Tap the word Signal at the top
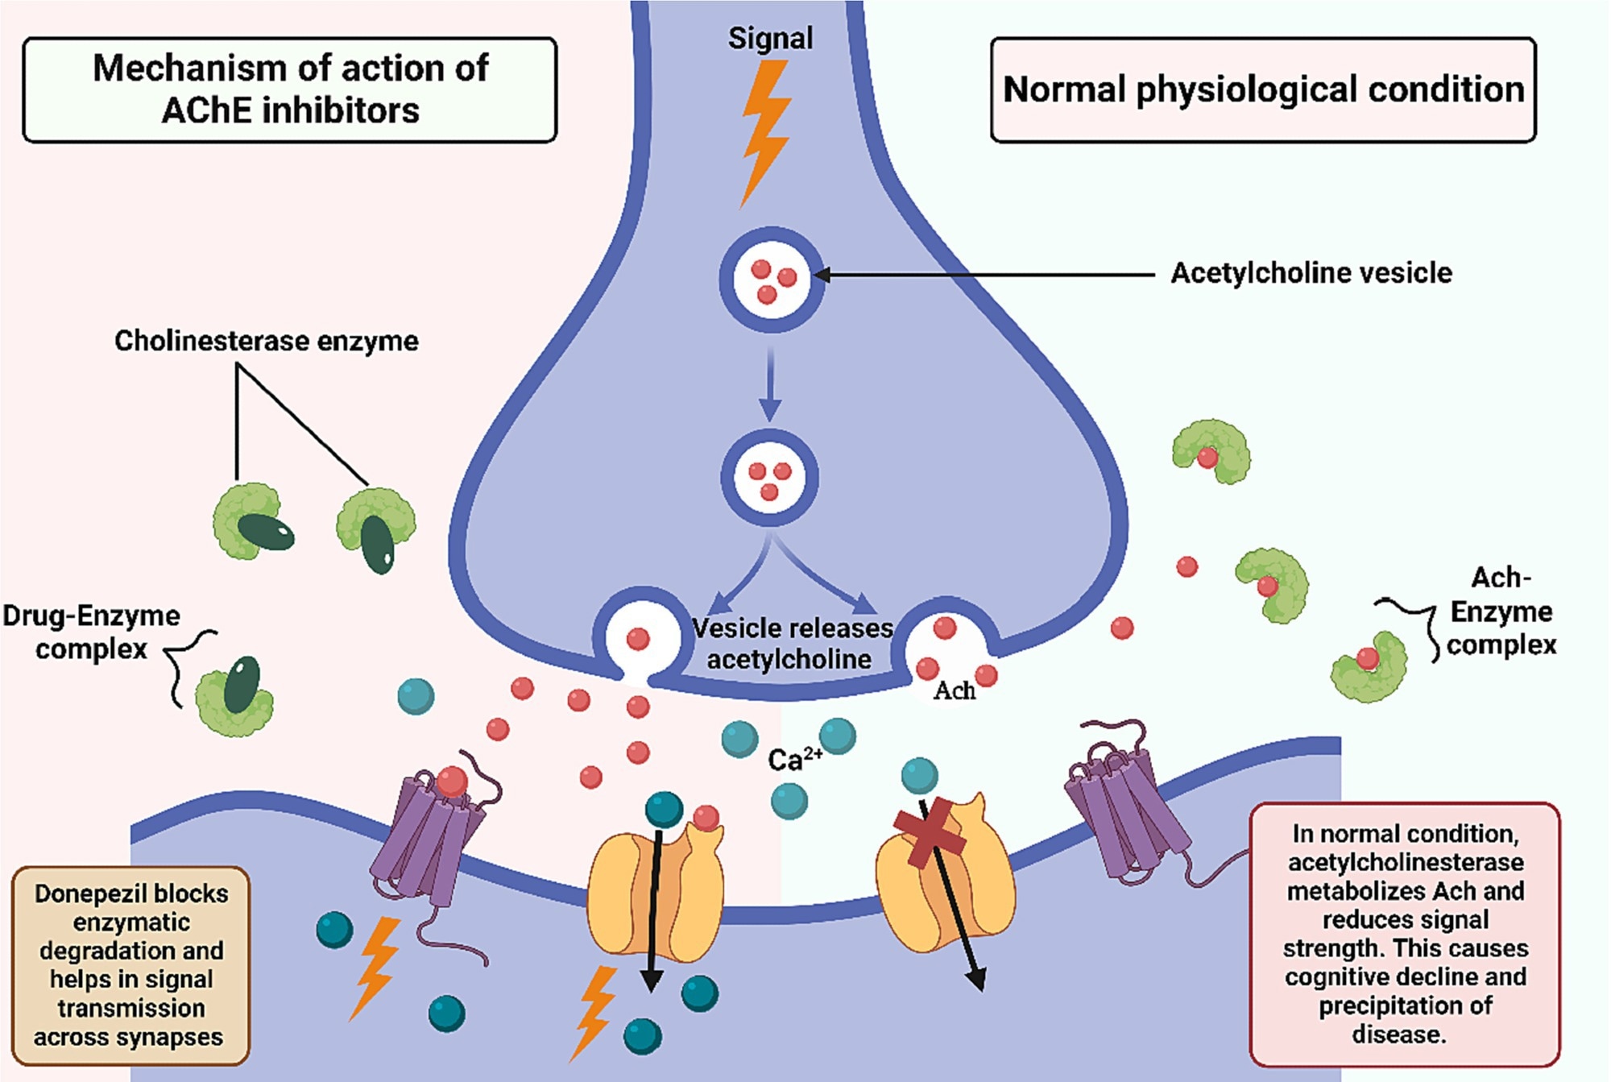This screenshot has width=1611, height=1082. click(770, 38)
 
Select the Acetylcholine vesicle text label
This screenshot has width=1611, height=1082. click(1311, 273)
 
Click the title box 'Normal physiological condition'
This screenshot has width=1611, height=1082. click(1262, 89)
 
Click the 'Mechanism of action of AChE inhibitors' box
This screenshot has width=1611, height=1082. click(290, 89)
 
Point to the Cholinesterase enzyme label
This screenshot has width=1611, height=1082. click(266, 341)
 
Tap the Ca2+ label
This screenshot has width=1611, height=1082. click(794, 759)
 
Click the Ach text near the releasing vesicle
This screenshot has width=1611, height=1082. click(954, 691)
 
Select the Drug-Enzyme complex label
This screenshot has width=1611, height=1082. click(91, 632)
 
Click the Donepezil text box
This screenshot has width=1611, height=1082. click(130, 964)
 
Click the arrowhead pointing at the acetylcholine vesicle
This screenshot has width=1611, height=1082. click(822, 275)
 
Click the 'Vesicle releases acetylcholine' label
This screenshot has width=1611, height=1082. click(792, 643)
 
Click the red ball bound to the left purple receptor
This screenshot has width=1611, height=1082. click(452, 780)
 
